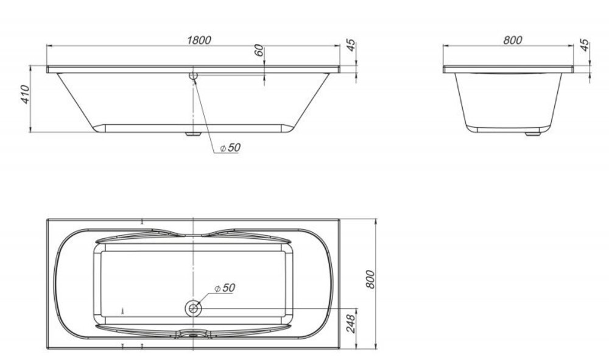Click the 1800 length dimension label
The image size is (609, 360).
tap(199, 40)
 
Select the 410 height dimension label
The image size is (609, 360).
tap(25, 94)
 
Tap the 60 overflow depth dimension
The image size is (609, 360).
tap(259, 50)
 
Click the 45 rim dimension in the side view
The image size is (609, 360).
tap(351, 46)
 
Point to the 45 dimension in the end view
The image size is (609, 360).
tap(584, 46)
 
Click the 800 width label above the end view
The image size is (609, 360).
tap(513, 40)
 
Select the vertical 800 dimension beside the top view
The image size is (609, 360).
tap(370, 279)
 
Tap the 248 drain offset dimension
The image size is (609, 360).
tap(351, 323)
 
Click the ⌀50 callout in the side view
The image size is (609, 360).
tap(230, 147)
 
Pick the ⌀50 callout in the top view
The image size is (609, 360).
tap(225, 288)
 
